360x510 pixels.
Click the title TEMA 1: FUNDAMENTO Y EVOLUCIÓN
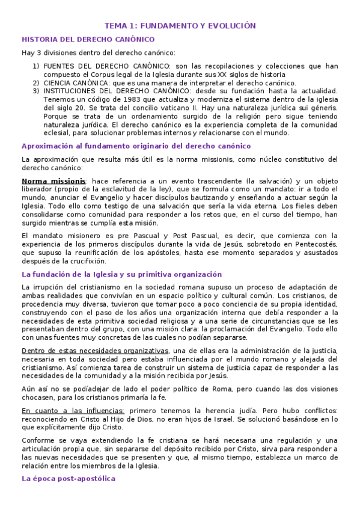pos(180,26)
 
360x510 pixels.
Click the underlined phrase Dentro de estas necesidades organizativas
pos(95,351)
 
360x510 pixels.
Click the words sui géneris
pos(320,108)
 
